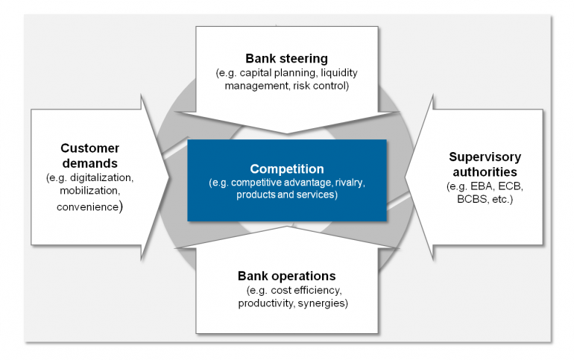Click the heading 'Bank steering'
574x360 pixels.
coord(286,58)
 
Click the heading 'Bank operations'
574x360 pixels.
coord(286,275)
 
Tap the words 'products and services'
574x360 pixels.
coord(286,195)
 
